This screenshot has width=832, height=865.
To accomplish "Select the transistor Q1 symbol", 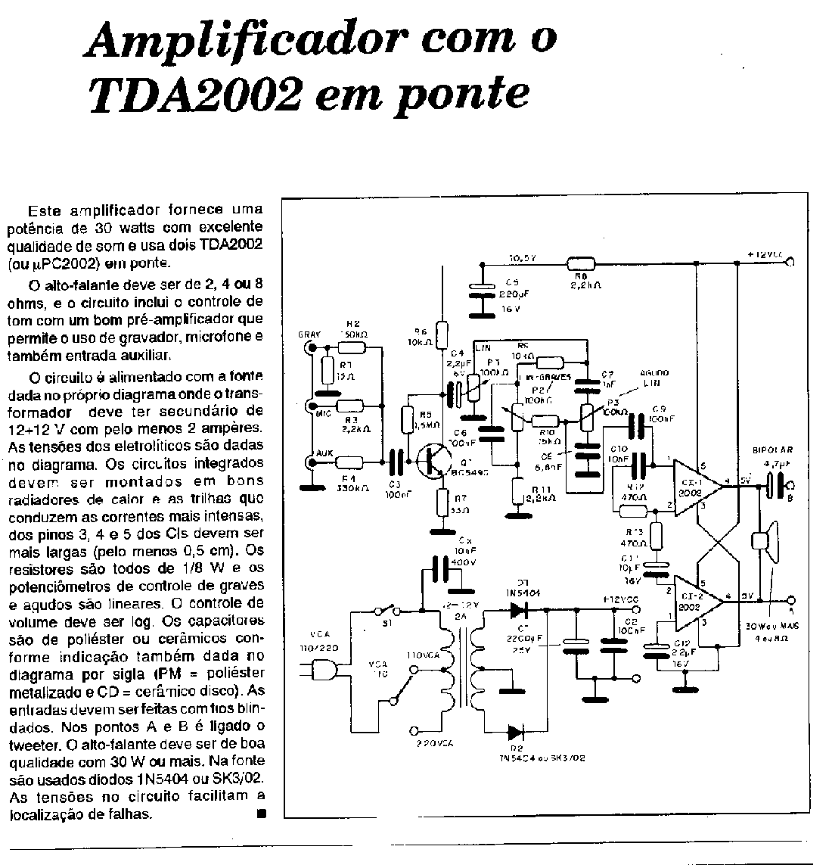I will (x=435, y=459).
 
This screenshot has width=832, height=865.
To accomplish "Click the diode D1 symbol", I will (x=519, y=609).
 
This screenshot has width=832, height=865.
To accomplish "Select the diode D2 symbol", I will (x=516, y=732).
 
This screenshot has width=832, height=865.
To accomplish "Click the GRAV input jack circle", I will (x=310, y=347).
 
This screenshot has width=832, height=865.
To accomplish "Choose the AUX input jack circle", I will (x=310, y=462).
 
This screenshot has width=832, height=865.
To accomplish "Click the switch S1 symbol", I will (x=387, y=610).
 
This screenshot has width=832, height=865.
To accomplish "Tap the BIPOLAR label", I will (x=772, y=451).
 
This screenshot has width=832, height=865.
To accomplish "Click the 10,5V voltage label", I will (x=522, y=257).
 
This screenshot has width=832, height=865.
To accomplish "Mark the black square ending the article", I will (x=262, y=814).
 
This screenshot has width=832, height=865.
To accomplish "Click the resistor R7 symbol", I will (x=444, y=502).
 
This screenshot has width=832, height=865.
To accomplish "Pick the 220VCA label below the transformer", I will (x=434, y=744).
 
